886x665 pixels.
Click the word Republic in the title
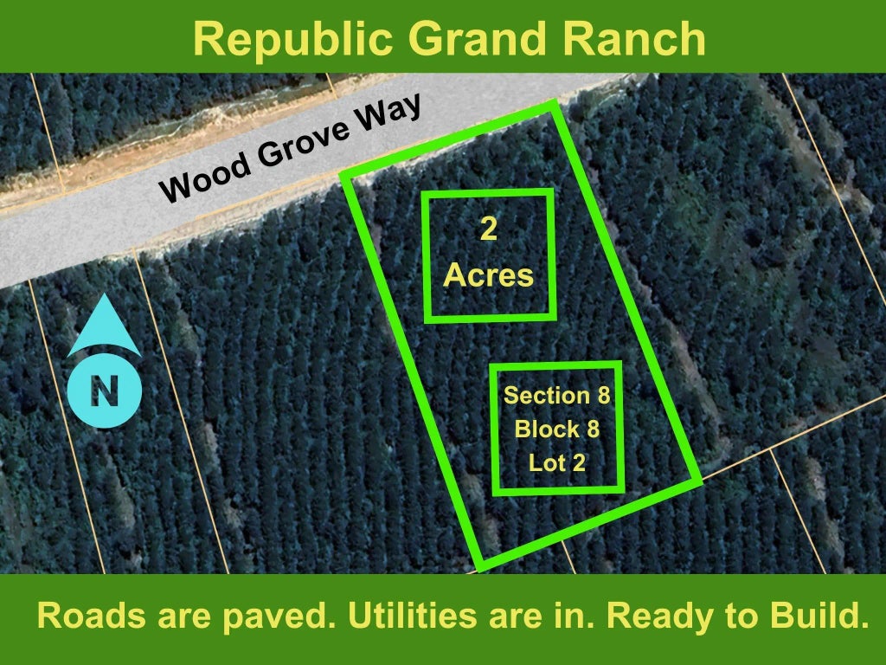tap(292, 38)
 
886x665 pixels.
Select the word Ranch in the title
tap(634, 38)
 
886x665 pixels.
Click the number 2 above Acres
tap(488, 229)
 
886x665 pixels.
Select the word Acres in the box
tap(488, 275)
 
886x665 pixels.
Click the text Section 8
tap(556, 395)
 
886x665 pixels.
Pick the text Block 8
tap(556, 429)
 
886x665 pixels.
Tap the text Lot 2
tap(556, 463)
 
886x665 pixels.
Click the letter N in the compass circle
tap(105, 391)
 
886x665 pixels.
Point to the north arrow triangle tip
tap(105, 294)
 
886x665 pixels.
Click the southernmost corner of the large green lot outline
tap(479, 567)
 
